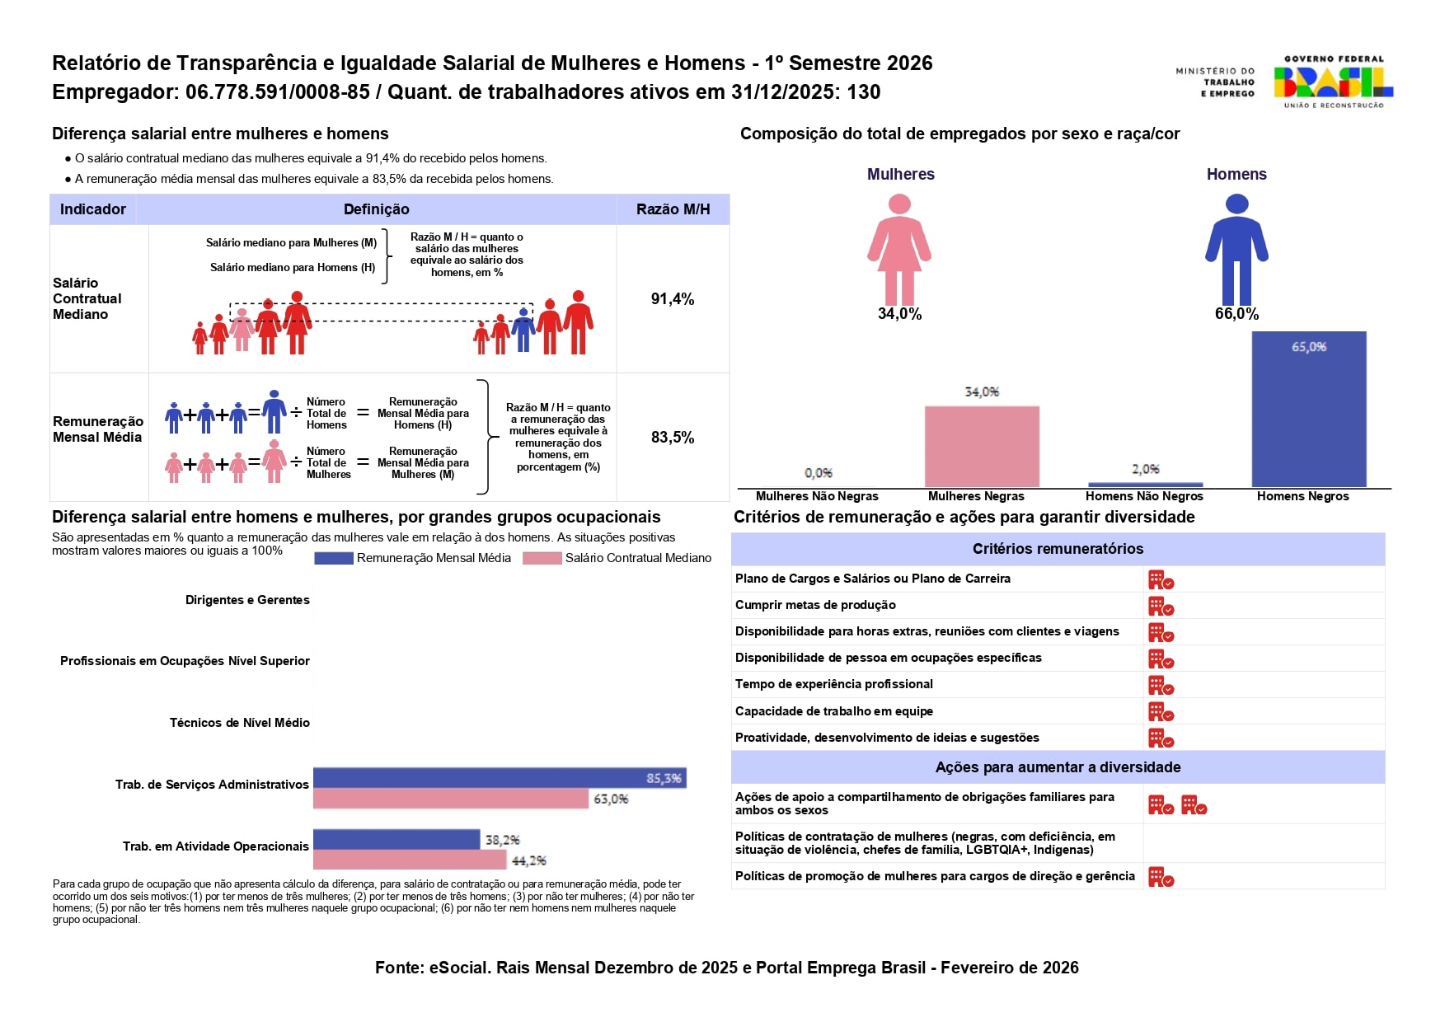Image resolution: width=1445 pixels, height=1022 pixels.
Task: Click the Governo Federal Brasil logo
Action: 1332,82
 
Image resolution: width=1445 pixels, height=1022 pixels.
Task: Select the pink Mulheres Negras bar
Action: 981,446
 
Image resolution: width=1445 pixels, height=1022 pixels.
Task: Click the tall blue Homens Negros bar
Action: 1308,409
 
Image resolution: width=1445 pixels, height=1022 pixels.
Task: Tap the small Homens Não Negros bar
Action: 1145,485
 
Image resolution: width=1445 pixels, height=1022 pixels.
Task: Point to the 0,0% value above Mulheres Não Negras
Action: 818,473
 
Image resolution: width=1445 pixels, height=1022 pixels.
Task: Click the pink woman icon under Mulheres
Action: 899,249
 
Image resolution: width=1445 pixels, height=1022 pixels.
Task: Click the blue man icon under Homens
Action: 1236,249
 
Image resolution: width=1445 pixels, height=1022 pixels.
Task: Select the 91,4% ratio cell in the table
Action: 673,299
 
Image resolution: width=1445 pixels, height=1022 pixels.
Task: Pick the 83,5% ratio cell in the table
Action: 673,438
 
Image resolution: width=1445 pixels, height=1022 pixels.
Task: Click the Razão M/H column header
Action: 673,209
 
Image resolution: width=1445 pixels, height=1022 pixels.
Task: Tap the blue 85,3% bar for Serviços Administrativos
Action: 499,778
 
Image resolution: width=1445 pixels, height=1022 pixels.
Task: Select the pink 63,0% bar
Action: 451,799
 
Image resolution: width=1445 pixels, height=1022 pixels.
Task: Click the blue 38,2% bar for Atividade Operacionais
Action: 396,839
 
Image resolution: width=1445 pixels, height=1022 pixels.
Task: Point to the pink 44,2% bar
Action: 410,860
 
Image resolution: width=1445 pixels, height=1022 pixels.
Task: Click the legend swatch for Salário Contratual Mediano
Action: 542,559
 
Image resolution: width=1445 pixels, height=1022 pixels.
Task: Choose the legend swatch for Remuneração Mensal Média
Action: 333,559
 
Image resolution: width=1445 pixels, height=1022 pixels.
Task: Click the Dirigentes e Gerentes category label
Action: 247,600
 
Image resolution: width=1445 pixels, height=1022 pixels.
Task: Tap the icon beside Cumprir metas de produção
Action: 1161,607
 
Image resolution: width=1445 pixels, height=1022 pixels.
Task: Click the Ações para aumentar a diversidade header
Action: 1058,767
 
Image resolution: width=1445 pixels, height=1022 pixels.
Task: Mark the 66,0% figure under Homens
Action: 1236,314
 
